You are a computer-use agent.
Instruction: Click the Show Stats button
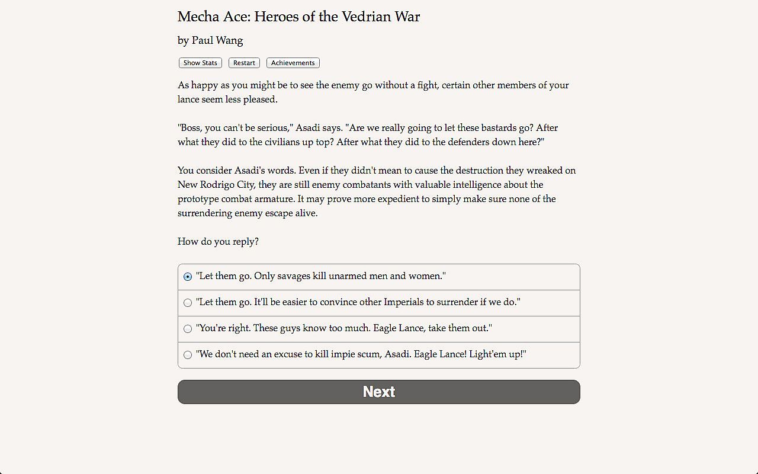click(x=200, y=63)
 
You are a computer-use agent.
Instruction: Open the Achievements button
click(x=293, y=63)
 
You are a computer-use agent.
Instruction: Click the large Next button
click(x=379, y=392)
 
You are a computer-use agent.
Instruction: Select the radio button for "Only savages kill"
click(x=188, y=277)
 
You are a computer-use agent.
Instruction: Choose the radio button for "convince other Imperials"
click(x=188, y=303)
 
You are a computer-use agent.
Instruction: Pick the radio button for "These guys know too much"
click(x=188, y=329)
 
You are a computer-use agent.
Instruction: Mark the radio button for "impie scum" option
click(x=188, y=355)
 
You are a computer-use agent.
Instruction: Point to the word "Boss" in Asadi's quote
click(x=191, y=128)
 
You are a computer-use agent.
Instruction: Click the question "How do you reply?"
click(x=218, y=242)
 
